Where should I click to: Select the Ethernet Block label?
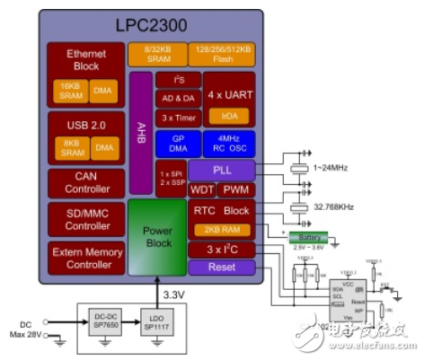point(86,59)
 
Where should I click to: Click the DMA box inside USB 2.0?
point(105,147)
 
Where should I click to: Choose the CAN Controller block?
point(86,183)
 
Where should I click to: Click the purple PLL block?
point(222,170)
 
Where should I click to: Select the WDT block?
point(201,189)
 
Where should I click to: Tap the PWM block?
point(236,189)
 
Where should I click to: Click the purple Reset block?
point(222,268)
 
